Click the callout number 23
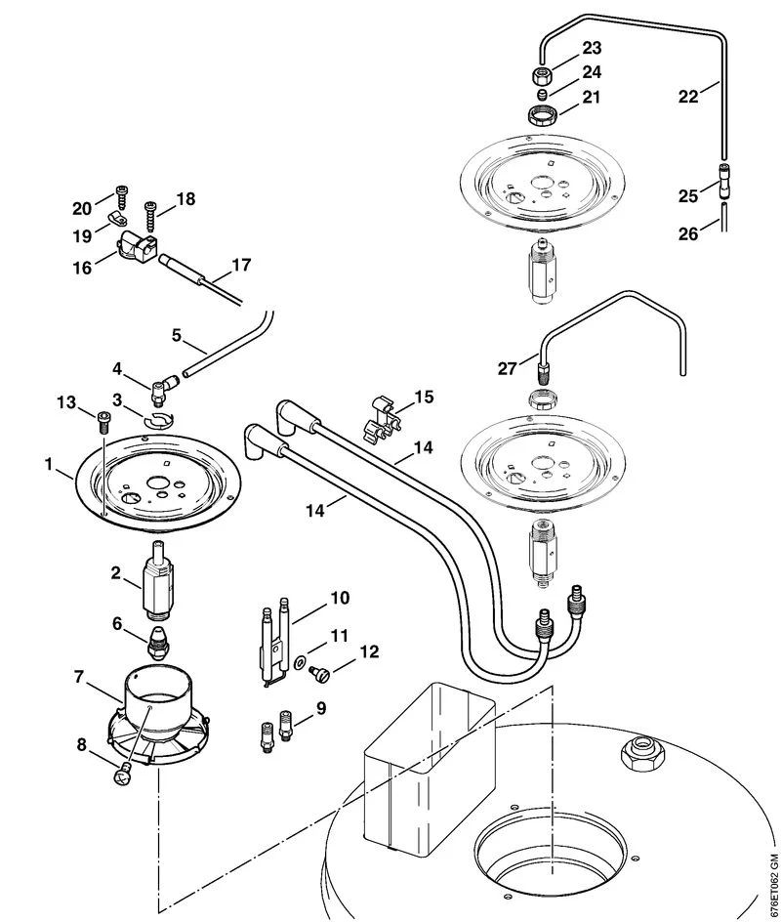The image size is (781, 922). click(x=592, y=48)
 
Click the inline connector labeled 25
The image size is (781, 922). click(x=724, y=180)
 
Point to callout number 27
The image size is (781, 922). click(x=507, y=369)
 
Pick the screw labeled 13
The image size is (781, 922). click(x=103, y=422)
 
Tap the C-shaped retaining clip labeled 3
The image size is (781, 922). click(x=159, y=420)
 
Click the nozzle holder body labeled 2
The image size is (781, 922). click(x=156, y=580)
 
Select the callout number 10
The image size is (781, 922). click(x=341, y=598)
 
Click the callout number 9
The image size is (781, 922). click(x=321, y=708)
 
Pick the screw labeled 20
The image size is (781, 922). click(x=123, y=197)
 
